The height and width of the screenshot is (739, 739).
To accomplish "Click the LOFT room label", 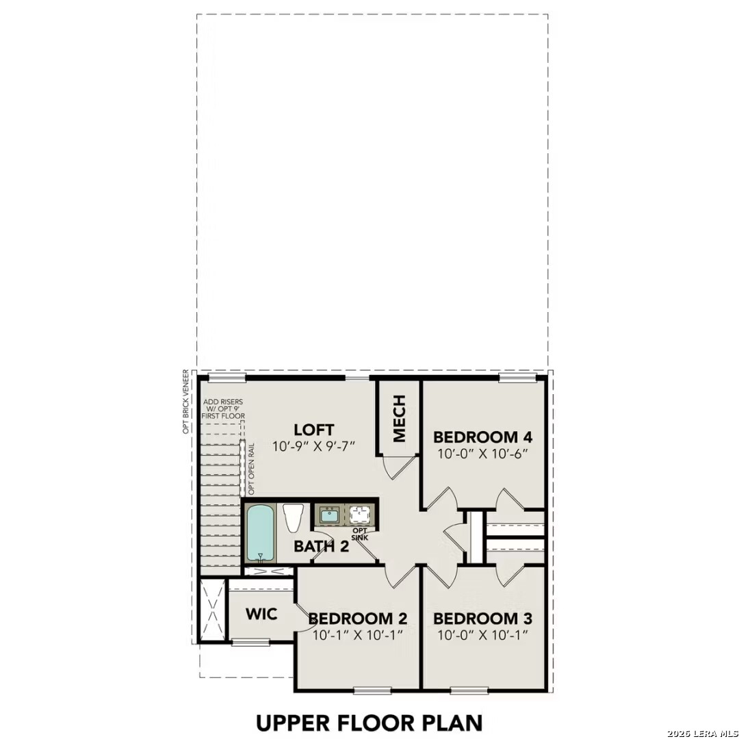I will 314,430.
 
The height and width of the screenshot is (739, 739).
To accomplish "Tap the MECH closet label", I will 400,418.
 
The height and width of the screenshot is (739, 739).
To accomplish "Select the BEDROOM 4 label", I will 483,437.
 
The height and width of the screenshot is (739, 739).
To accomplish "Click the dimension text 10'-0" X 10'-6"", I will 483,453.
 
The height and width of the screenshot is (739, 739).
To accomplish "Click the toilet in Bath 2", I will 293,517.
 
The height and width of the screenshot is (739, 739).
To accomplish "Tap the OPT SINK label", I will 359,534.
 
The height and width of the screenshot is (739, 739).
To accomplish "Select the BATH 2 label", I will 321,546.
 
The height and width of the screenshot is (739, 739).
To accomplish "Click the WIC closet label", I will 261,614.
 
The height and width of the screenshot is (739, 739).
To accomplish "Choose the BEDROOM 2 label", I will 358,619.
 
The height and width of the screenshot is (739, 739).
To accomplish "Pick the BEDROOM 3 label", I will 482,619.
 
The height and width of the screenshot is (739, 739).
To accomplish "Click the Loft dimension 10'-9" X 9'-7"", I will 314,447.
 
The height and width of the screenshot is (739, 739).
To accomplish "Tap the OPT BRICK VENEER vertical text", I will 185,402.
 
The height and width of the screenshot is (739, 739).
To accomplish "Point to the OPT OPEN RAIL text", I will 251,469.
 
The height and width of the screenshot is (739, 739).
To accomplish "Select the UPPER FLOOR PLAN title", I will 369,722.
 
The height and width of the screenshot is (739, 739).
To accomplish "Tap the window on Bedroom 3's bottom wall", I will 469,690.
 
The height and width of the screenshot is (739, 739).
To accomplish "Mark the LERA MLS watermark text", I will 703,733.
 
